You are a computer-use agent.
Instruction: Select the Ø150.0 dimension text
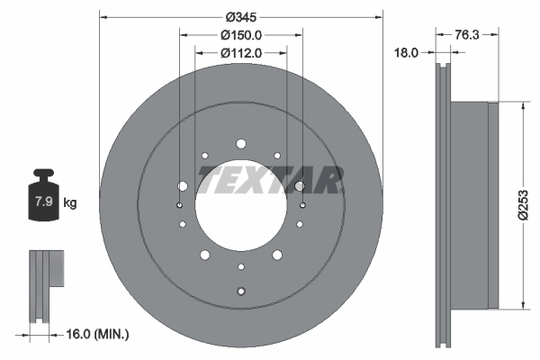tap(240, 35)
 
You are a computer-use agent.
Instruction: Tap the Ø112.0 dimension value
tap(240, 53)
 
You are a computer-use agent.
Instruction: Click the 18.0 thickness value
tap(409, 53)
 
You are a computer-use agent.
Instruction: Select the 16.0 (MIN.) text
tap(99, 335)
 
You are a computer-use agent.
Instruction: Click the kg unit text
tap(70, 202)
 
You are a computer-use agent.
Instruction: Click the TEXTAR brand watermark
tap(270, 180)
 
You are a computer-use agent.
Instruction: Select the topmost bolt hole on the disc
tap(240, 143)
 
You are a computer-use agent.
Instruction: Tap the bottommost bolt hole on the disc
tap(240, 290)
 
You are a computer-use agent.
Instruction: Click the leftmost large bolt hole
tap(183, 186)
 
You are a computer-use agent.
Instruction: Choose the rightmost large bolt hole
tap(299, 186)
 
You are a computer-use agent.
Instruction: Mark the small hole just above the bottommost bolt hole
tap(240, 267)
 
